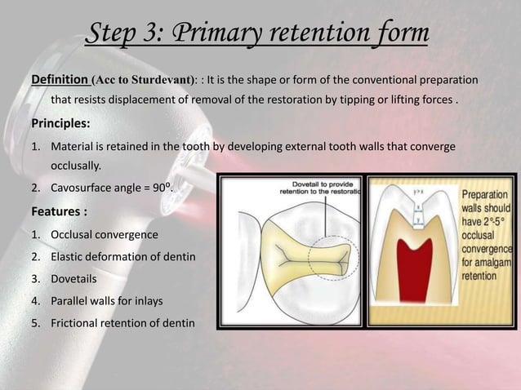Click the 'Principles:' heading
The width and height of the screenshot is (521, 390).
tap(62, 125)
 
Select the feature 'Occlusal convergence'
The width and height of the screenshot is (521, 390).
tap(105, 236)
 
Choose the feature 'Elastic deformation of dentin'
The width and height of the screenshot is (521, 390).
tap(122, 258)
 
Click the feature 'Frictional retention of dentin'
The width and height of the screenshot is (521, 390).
tap(122, 324)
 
